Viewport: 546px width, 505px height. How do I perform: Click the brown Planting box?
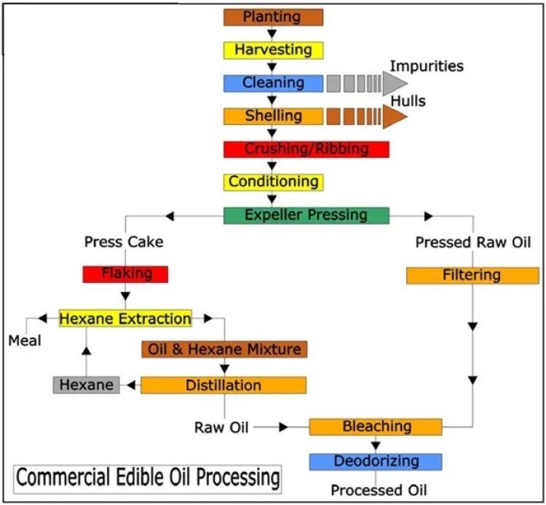273,17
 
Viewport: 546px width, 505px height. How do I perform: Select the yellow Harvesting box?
273,50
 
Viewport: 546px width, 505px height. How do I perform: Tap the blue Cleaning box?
273,83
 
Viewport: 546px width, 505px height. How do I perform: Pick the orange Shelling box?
273,116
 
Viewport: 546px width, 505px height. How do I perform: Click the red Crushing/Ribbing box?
306,149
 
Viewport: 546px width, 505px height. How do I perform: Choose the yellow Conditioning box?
273,181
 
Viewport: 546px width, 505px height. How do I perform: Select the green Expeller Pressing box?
306,215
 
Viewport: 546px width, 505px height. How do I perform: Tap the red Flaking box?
126,274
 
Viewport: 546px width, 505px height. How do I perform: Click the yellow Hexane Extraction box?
125,319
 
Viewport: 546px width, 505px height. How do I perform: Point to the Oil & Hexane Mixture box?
224,349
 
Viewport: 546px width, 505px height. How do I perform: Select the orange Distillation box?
223,385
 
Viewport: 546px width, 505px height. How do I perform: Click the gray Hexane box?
86,385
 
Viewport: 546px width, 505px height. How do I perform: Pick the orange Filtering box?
472,275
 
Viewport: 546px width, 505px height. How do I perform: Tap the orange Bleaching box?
375,426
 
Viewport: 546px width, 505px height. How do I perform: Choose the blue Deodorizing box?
375,461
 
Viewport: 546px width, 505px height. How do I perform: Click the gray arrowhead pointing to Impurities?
395,84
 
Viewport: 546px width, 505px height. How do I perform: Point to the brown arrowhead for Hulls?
395,116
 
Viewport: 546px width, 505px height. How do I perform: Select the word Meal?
25,341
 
